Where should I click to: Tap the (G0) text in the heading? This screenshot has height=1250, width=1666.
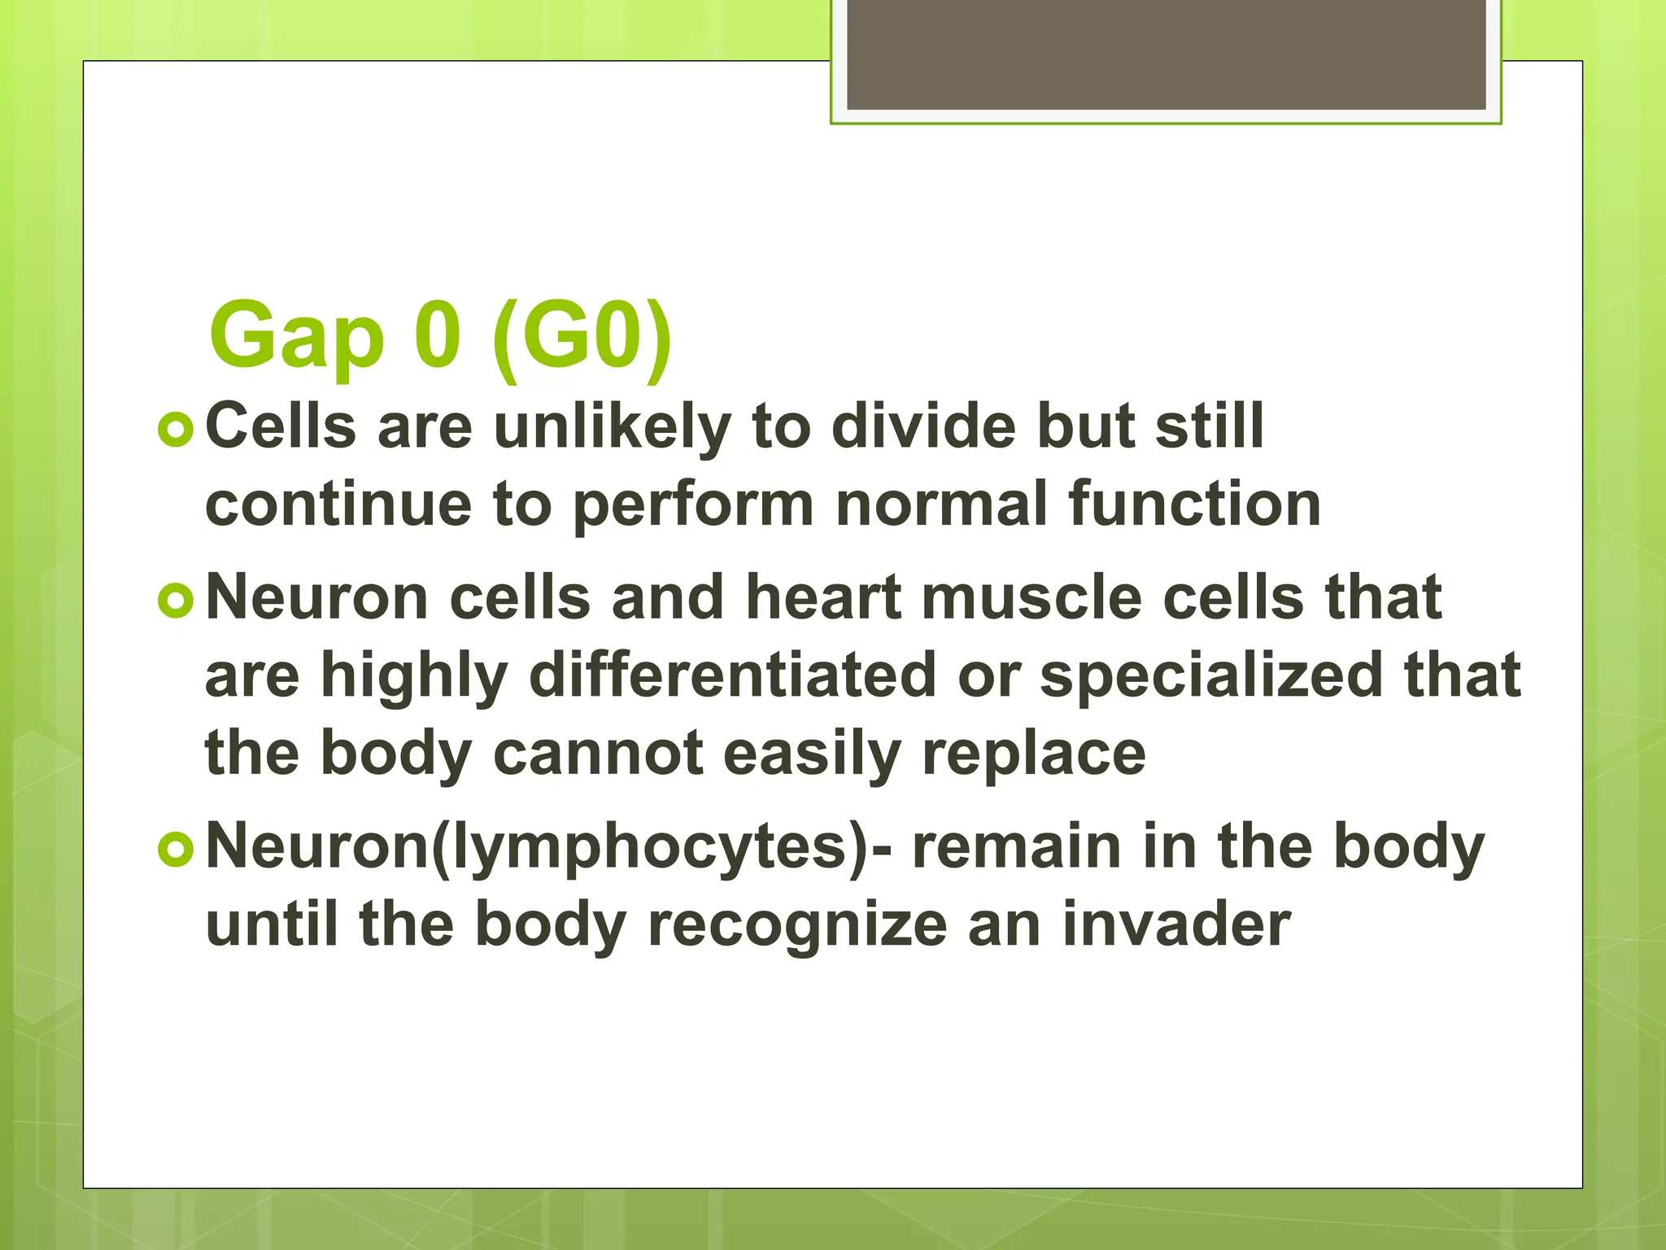pos(582,335)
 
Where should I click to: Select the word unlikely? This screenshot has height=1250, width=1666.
pos(612,427)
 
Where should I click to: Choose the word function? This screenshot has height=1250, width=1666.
pos(1194,504)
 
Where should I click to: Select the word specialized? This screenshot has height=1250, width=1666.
pos(1211,676)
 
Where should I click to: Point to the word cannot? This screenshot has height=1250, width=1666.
pos(598,753)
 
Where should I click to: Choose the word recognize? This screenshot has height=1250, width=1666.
pos(797,926)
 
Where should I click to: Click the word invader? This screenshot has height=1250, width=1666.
pos(1176,924)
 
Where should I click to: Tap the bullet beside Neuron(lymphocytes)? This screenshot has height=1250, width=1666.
pos(176,850)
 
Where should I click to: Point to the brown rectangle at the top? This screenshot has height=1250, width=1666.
pos(1166,54)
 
